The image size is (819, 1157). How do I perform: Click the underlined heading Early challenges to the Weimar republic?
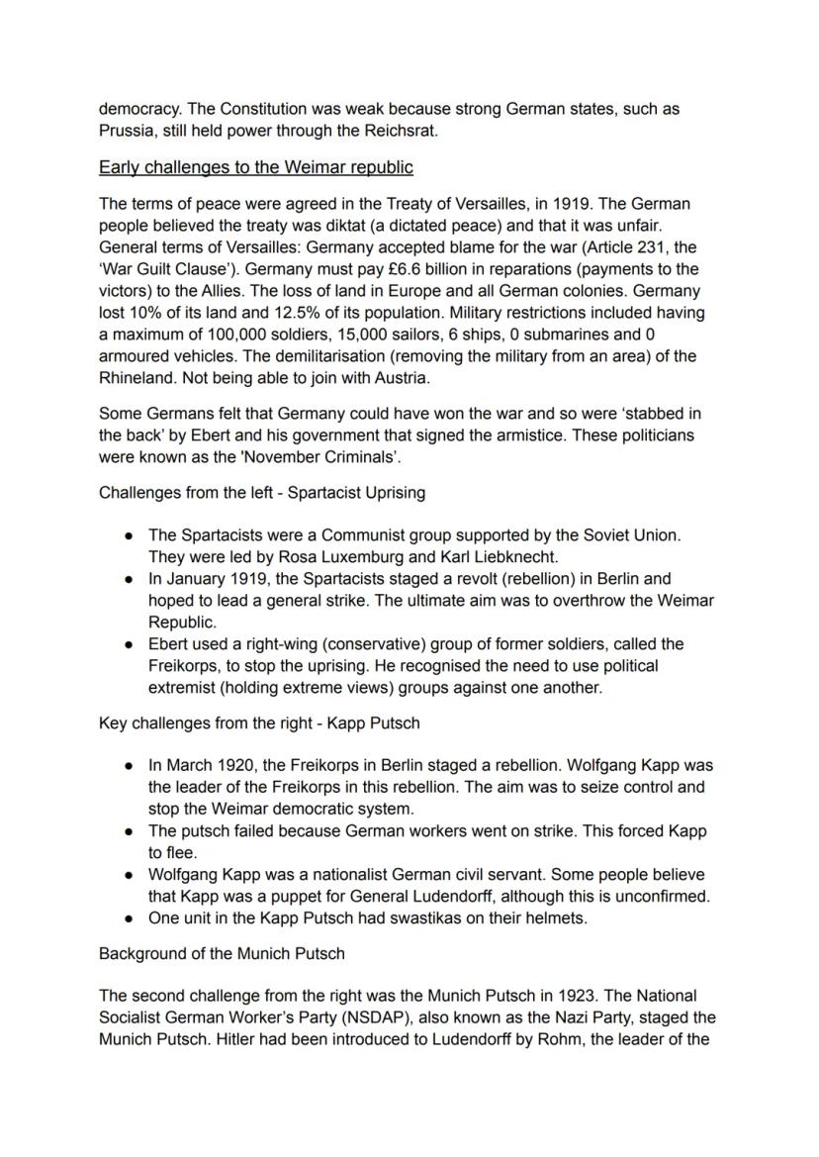(255, 166)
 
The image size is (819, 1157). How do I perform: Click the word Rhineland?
(139, 378)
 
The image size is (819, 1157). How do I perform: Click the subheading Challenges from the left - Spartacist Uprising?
(262, 492)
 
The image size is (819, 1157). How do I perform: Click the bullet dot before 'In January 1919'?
(130, 579)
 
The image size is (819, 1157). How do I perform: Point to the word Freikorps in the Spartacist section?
(185, 666)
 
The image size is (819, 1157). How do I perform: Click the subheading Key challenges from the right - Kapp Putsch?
(259, 723)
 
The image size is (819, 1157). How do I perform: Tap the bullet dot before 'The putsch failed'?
(130, 832)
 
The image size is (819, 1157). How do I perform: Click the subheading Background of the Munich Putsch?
(222, 954)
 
